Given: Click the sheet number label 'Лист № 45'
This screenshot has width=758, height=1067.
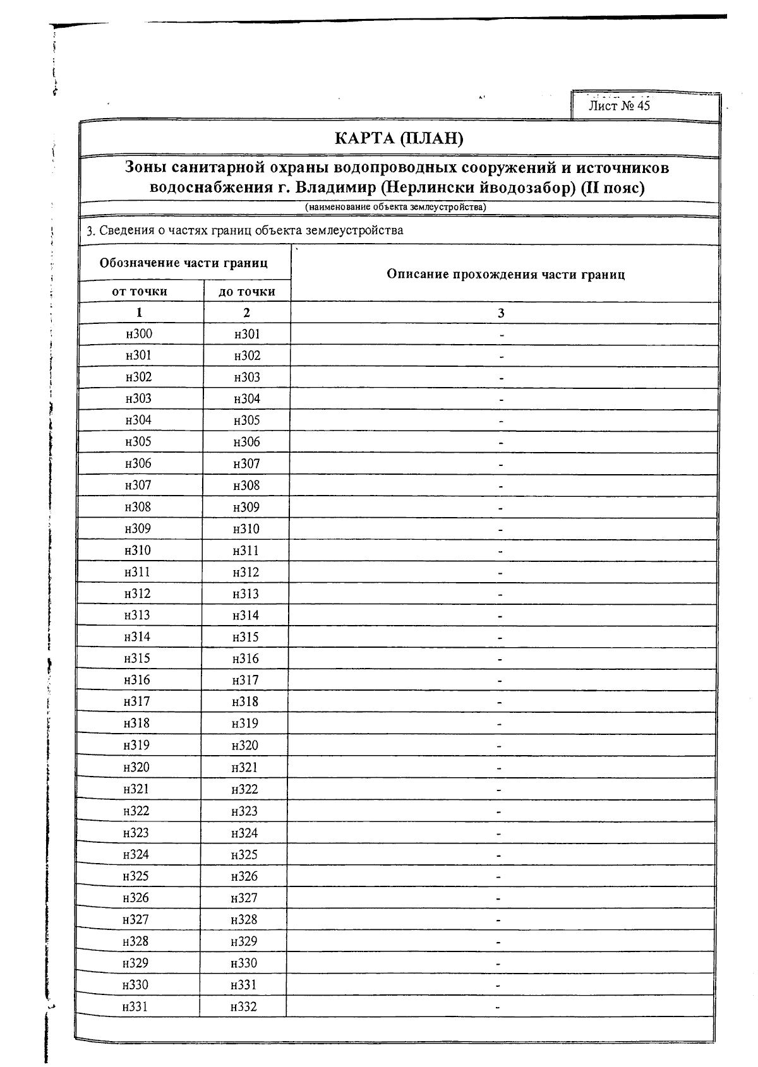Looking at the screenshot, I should tap(618, 105).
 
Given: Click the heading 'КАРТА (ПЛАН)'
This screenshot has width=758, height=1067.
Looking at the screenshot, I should tap(399, 138).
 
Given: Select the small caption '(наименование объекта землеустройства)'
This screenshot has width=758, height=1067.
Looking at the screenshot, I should tap(395, 207).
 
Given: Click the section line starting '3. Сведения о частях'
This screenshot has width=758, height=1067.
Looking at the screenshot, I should tap(244, 230).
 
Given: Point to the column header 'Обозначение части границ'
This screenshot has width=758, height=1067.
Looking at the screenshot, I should tap(184, 263).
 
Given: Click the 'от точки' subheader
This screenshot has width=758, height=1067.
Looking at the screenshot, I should tap(140, 291).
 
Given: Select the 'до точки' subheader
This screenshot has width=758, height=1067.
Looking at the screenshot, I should tap(246, 291).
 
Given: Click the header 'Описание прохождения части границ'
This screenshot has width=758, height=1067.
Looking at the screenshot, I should tap(505, 274).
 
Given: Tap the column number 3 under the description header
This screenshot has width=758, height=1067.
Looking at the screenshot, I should tap(501, 313).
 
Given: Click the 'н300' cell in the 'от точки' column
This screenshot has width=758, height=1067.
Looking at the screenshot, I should tap(139, 334).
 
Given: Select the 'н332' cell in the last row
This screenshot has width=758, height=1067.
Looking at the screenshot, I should tap(243, 1007).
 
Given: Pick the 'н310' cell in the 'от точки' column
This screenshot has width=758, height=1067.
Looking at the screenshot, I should tap(138, 550).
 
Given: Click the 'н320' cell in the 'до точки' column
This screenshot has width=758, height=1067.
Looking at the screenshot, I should tap(245, 745).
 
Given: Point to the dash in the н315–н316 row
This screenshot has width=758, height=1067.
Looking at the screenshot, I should tap(500, 659).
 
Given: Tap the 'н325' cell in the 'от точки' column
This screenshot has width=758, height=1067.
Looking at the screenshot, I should tap(136, 876).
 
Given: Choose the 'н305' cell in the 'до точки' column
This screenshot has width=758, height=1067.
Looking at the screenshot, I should tap(246, 420).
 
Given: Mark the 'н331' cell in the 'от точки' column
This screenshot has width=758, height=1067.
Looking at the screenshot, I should tap(135, 1006).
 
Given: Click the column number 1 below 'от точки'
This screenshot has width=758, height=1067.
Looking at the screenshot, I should tap(139, 313).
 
